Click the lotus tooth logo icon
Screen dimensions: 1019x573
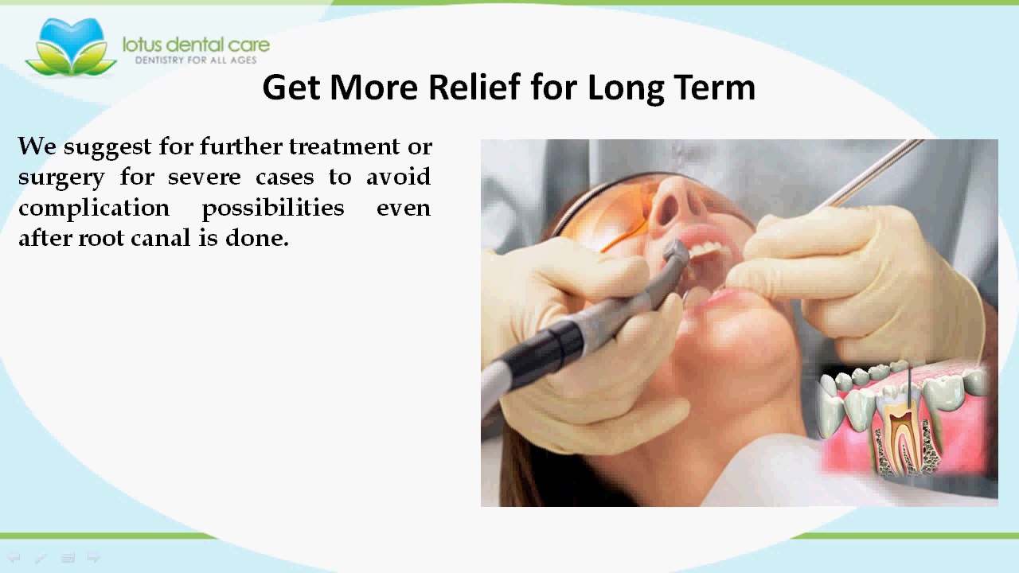71,46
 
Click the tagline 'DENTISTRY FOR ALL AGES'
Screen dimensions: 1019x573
196,60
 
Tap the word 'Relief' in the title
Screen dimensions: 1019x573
474,87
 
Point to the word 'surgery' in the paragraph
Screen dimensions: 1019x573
61,177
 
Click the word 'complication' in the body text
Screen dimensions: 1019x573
94,209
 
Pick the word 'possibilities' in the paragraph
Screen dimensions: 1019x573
273,209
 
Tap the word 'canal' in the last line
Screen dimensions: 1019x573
161,238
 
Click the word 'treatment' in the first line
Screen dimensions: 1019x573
344,146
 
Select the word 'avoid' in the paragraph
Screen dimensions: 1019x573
399,177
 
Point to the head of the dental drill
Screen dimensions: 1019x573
674,255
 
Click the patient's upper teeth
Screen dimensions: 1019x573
705,250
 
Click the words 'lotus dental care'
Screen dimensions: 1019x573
196,45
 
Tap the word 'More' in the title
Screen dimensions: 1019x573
373,87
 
